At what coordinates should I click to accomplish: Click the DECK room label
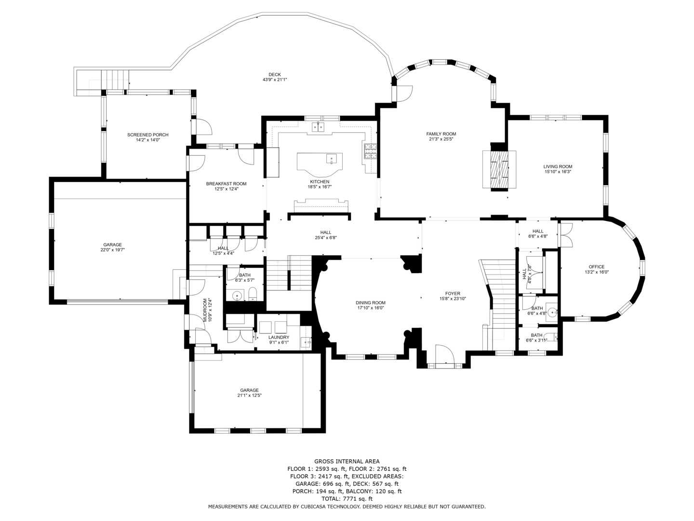point(274,75)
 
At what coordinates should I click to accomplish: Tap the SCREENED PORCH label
point(147,135)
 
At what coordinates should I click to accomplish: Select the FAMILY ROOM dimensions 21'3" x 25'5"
point(441,139)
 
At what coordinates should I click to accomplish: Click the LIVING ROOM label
point(558,167)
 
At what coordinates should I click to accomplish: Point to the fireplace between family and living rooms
point(499,170)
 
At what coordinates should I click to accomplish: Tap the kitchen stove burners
point(370,151)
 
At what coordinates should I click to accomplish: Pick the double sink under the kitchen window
point(318,127)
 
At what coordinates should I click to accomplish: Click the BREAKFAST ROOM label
point(226,184)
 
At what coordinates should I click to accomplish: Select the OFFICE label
point(596,267)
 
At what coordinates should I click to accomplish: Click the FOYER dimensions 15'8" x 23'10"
point(453,299)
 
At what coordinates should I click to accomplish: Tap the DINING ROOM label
point(370,303)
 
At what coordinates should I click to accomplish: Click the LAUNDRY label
point(279,338)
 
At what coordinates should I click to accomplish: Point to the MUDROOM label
point(205,310)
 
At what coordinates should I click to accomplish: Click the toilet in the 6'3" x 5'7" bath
point(253,294)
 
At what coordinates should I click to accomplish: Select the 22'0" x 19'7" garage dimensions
point(112,250)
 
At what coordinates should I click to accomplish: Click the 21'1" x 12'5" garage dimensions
point(249,396)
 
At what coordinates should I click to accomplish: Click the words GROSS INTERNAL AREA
point(347,462)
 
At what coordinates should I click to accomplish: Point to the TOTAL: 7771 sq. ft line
point(347,499)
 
